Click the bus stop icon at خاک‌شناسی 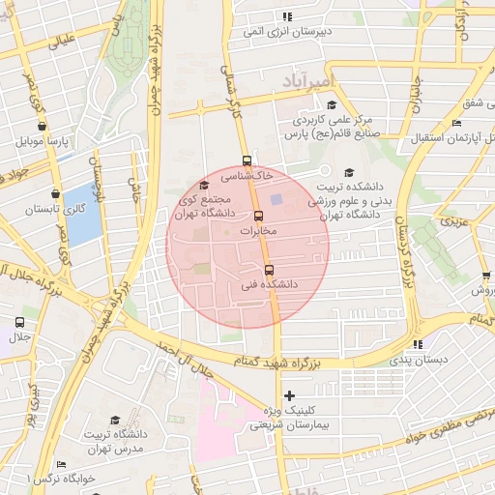click(x=247, y=161)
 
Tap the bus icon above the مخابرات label click(x=258, y=216)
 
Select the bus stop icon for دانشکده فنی click(x=268, y=270)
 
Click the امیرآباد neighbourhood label click(x=307, y=75)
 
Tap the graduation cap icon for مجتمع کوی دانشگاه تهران click(x=203, y=185)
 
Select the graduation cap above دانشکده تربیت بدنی click(x=348, y=172)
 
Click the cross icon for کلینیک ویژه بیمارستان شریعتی click(x=289, y=395)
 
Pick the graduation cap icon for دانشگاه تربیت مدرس click(x=115, y=421)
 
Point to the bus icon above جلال click(x=19, y=322)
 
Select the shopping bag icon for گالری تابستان click(x=55, y=193)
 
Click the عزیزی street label click(x=454, y=221)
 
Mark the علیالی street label click(x=53, y=42)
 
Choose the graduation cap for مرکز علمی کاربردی click(x=331, y=105)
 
